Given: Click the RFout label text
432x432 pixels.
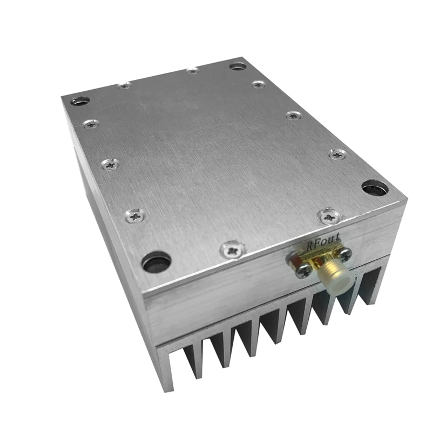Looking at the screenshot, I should pyautogui.click(x=323, y=244).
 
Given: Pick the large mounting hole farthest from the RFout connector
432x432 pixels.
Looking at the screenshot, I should pyautogui.click(x=80, y=101).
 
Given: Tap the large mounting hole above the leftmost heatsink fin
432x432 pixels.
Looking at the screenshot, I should pyautogui.click(x=156, y=262).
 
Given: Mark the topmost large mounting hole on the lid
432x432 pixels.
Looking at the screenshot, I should pyautogui.click(x=238, y=66).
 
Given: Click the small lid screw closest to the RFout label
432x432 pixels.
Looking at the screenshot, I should pyautogui.click(x=327, y=217).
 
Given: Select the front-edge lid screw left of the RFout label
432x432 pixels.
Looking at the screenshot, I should pyautogui.click(x=233, y=249).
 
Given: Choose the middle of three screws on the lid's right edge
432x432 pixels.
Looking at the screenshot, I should pyautogui.click(x=294, y=115).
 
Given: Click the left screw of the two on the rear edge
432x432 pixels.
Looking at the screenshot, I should pyautogui.click(x=125, y=86).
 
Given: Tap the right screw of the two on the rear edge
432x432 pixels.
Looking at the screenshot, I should pyautogui.click(x=192, y=71).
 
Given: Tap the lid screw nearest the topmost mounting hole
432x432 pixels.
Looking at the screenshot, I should pyautogui.click(x=259, y=84).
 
